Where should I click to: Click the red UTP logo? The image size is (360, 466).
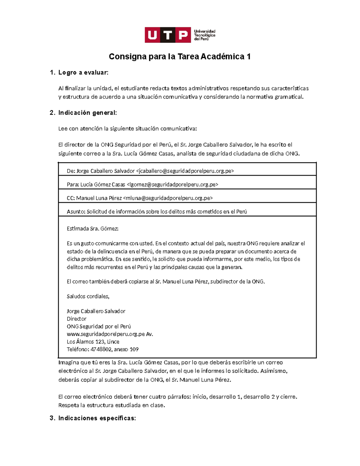pos(168,35)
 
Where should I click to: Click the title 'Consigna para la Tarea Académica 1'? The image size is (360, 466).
pos(179,56)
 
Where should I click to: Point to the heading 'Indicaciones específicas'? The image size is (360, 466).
pos(97,418)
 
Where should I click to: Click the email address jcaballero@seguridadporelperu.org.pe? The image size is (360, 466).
pos(185,171)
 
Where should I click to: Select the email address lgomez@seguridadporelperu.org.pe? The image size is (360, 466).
pos(172,185)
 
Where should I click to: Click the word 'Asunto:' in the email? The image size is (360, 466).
pos(76,212)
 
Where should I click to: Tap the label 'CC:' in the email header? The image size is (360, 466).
pos(71,198)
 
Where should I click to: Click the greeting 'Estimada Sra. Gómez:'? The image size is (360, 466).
pos(92,229)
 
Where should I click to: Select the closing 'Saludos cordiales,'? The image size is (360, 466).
pos(88,296)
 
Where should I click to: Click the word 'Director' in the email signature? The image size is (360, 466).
pos(76,319)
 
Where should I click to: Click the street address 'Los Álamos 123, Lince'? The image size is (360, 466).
pos(93,342)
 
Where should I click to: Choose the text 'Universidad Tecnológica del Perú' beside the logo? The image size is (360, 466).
pos(205,35)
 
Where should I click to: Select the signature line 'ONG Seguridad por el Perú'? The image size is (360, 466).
pos(99,326)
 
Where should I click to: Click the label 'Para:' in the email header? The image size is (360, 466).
pos(73,185)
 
